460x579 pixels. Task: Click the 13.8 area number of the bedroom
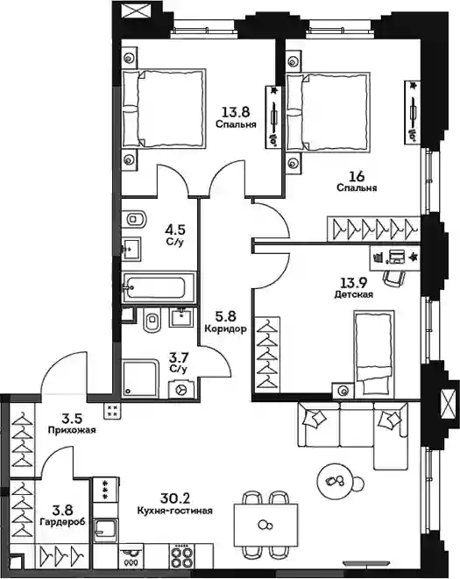click(236, 111)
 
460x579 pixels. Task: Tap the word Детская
click(354, 294)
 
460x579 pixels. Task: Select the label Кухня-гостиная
click(174, 511)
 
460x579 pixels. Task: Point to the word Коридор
click(225, 328)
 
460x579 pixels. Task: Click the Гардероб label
click(62, 522)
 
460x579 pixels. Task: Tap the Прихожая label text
click(72, 430)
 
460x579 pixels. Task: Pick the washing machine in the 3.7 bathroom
click(181, 389)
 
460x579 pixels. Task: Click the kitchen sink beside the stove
click(106, 530)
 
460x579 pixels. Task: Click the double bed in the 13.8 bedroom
click(164, 109)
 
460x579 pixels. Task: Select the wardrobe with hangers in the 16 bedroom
click(373, 229)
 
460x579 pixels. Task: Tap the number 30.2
click(174, 498)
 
